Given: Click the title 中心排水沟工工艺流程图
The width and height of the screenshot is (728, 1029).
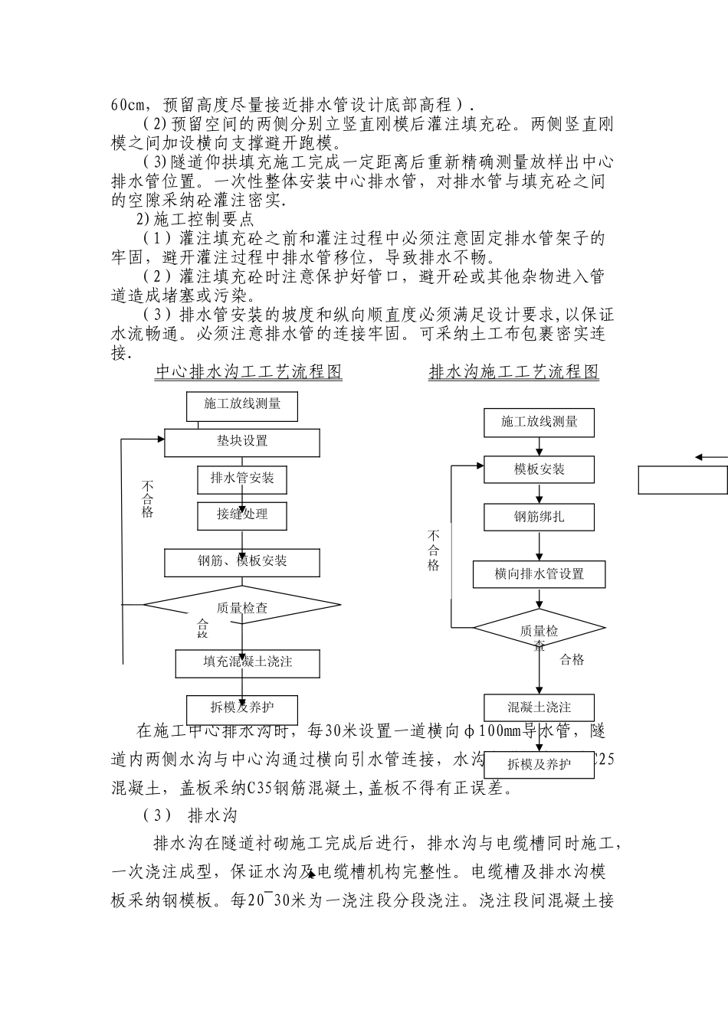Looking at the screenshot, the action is pos(249,372).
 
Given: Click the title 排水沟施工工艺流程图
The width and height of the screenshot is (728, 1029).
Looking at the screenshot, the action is pos(513,372).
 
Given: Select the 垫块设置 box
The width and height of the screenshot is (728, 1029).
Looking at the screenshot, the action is pos(242,442).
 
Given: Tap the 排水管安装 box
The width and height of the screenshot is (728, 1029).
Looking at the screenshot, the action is pos(242,479).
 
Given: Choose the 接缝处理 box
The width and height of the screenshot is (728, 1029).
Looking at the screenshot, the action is pos(242,515).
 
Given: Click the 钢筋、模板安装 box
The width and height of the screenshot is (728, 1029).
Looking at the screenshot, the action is pos(242,562).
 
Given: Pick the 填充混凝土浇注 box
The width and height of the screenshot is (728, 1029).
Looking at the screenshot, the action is pos(248,662).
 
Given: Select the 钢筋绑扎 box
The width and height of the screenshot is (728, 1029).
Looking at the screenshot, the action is pos(539,517).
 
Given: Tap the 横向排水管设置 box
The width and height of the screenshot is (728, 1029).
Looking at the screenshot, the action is pos(539,574).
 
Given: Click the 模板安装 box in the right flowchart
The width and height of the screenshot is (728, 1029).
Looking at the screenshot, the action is pos(539,469).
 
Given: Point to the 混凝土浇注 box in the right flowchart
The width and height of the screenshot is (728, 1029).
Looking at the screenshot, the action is pos(539,707).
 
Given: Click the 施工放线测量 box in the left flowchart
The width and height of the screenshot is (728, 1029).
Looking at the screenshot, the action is pos(242,405).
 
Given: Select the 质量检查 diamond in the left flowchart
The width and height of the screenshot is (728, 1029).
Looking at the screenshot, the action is pos(242,606).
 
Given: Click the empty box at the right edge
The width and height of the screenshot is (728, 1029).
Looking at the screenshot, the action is pos(682,480).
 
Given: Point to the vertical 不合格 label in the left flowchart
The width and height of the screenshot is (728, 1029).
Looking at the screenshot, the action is pos(147,499).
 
